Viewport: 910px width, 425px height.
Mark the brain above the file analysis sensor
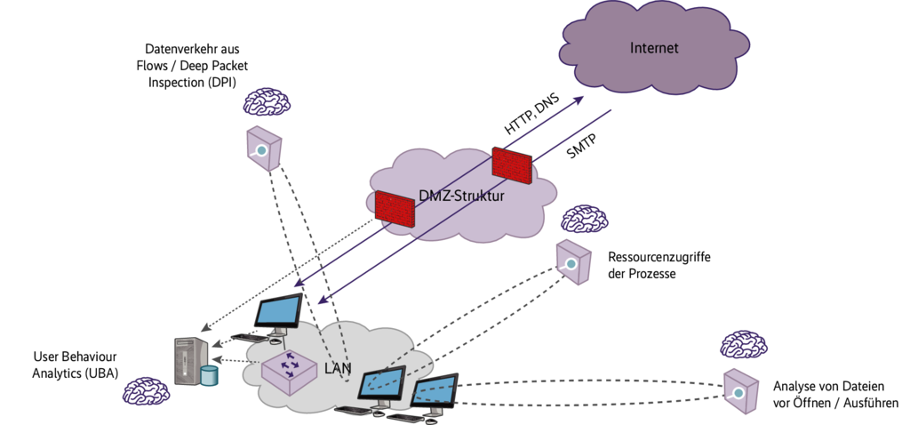pos(744,343)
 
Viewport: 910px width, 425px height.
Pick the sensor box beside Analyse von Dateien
pos(739,389)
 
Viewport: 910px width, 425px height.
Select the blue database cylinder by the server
pos(209,375)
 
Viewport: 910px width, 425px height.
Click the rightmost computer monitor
pos(434,392)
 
